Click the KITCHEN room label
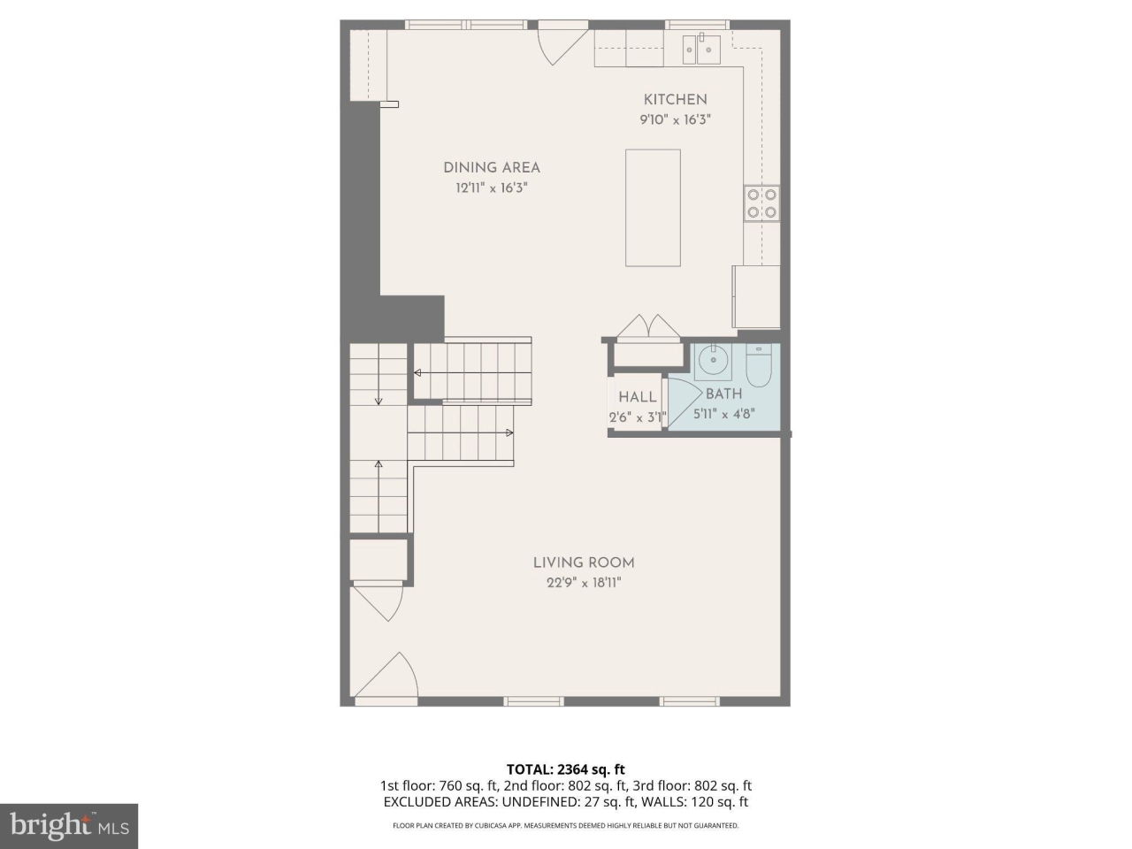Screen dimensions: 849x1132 point(675,100)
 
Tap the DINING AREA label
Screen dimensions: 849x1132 point(492,167)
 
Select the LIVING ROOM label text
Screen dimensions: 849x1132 point(584,562)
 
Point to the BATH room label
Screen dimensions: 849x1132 point(723,394)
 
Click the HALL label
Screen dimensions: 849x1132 point(637,397)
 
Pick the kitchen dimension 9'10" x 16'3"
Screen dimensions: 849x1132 point(676,119)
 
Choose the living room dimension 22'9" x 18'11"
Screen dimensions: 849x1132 point(584,582)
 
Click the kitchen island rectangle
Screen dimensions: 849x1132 point(653,208)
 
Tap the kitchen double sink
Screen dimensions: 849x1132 point(700,50)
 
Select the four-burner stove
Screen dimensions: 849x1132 point(761,203)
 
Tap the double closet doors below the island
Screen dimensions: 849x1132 point(648,326)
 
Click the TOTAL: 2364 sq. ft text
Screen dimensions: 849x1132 point(565,769)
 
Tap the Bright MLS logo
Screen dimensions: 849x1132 point(69,826)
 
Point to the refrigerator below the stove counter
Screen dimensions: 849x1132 point(755,296)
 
